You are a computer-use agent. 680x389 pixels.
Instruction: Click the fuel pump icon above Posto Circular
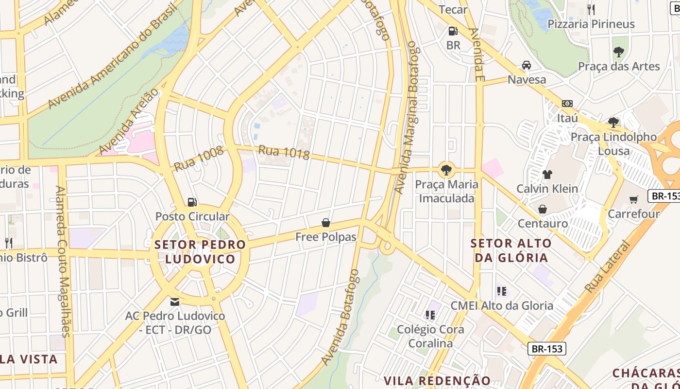point(192,202)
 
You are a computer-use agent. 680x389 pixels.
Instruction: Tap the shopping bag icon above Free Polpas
point(326,223)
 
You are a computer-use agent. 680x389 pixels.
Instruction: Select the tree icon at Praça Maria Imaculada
point(446,170)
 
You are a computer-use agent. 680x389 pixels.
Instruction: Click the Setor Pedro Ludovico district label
point(200,252)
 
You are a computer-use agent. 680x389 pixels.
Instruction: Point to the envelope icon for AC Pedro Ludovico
point(175,302)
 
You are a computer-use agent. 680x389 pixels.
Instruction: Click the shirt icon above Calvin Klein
point(547,174)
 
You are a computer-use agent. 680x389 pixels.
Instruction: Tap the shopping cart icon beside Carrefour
point(633,199)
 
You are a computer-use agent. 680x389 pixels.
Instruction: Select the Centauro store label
point(543,224)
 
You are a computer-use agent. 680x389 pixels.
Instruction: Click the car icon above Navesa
point(527,65)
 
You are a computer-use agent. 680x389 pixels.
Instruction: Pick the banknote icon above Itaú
point(567,104)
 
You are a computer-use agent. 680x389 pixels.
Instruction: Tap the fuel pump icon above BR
point(453,31)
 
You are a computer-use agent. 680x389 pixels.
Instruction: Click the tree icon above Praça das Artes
point(618,52)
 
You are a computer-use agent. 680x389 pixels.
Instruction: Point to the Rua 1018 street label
point(284,152)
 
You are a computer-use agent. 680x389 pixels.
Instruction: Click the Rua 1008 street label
point(198,159)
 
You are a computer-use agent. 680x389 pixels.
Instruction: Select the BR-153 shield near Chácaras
point(547,349)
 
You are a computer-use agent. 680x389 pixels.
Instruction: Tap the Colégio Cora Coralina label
point(430,336)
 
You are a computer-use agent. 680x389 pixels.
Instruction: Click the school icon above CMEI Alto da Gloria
point(502,291)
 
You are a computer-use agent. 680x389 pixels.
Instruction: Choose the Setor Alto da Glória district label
point(511,250)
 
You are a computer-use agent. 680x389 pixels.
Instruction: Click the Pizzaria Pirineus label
point(591,24)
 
